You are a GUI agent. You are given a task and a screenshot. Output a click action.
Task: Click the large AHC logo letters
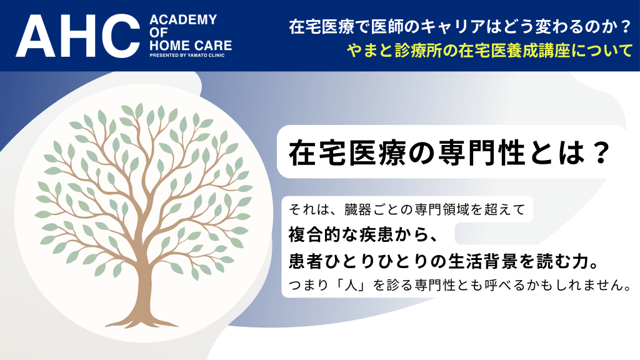[78, 36]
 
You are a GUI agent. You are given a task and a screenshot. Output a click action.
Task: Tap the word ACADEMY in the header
[183, 19]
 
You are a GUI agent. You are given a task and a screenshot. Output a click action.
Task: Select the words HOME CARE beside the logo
[191, 45]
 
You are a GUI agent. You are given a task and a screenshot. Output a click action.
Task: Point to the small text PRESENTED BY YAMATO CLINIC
[187, 55]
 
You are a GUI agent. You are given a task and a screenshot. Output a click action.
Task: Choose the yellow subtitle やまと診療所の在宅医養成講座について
[490, 51]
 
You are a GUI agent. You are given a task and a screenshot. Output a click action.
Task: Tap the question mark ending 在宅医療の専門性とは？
[600, 153]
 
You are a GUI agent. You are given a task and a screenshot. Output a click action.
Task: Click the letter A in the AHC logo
[35, 36]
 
